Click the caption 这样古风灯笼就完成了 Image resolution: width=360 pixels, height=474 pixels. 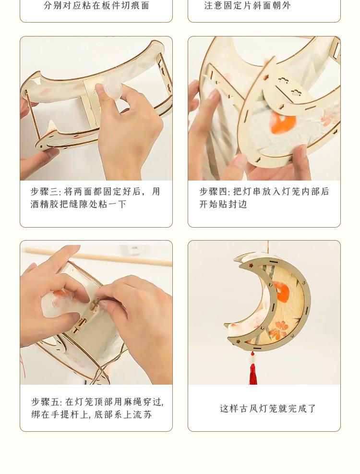coord(268,408)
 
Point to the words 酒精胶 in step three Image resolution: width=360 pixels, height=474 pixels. coord(45,205)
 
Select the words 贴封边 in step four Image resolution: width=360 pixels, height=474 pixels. coord(233,205)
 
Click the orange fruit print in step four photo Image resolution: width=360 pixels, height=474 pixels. coord(283,123)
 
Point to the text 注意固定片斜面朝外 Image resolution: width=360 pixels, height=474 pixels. coord(247,5)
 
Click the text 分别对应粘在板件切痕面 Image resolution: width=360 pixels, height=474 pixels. coord(96,5)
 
